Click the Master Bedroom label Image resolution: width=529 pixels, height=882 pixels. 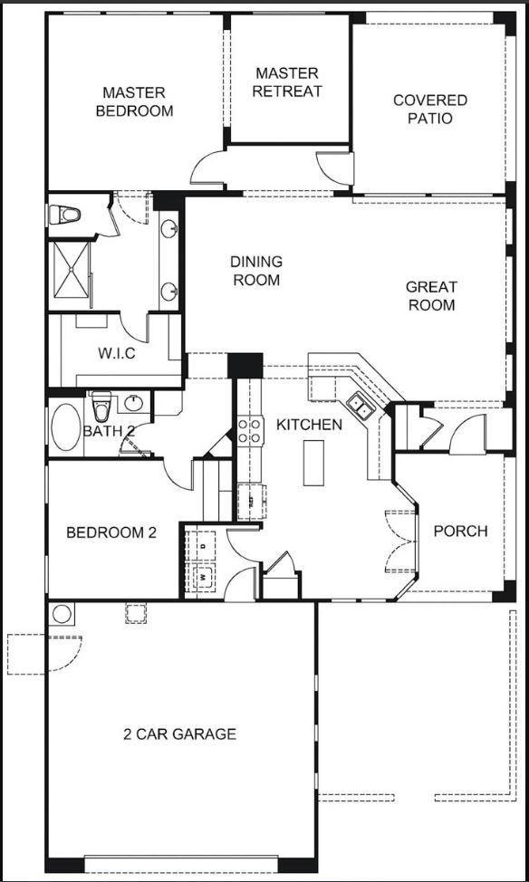[x=134, y=101]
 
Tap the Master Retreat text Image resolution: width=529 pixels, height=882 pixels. [x=287, y=82]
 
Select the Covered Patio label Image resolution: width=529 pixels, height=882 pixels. [x=430, y=110]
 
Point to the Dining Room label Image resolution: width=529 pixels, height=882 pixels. [x=256, y=271]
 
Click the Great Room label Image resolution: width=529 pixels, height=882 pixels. [x=432, y=296]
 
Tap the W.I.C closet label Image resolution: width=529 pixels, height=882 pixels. [x=117, y=354]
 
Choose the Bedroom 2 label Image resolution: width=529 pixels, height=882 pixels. [x=111, y=532]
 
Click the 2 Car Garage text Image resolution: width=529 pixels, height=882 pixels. [x=179, y=734]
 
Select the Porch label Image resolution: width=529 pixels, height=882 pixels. [x=460, y=531]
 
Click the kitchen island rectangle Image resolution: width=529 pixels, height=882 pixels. [x=313, y=463]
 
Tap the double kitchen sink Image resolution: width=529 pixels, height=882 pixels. [x=360, y=406]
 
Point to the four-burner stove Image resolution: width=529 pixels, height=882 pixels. [x=250, y=430]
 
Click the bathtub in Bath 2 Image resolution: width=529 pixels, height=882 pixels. [x=66, y=427]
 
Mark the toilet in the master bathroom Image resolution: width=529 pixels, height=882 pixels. [x=64, y=215]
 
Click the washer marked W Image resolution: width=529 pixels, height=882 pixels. [x=203, y=577]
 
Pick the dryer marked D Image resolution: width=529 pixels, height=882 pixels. [x=203, y=544]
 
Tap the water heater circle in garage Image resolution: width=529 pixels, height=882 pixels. [x=62, y=614]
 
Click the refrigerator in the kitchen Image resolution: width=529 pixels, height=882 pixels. [x=251, y=501]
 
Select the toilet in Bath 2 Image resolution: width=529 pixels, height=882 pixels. [x=101, y=407]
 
